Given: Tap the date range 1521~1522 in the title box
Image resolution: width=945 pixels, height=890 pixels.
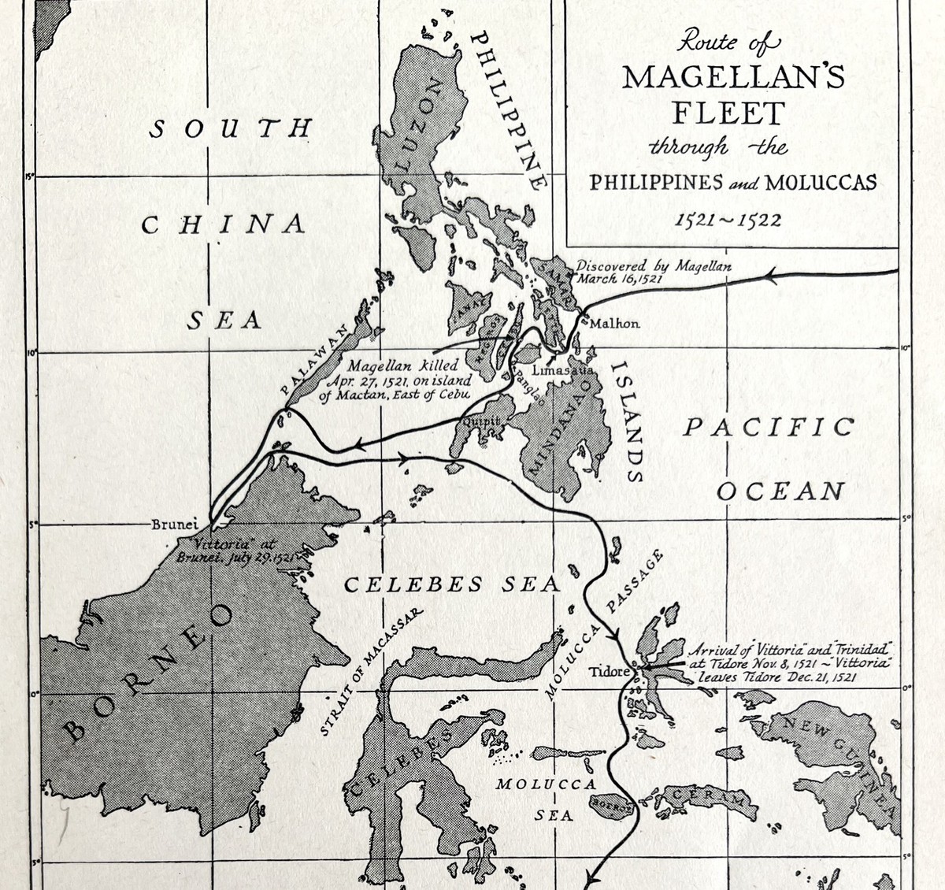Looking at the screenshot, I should (728, 220).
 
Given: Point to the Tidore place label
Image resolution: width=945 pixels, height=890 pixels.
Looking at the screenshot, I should (609, 672).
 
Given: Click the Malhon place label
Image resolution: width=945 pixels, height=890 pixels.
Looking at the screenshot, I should (615, 323).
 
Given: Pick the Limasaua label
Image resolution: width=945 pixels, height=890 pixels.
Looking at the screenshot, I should (561, 369).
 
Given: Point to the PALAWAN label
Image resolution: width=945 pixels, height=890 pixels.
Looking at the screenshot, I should (315, 362).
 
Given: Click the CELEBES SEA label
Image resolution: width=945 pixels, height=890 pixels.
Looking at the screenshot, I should (452, 584).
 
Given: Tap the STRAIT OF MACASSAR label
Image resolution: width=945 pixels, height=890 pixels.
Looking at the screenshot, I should (371, 671).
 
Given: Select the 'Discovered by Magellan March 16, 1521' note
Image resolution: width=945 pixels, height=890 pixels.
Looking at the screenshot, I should (654, 272).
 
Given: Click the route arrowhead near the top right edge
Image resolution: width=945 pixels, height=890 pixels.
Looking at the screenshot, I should (771, 276).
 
